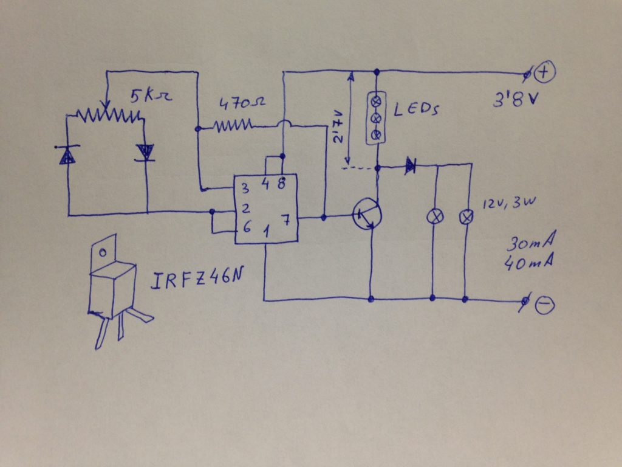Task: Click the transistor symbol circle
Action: (368, 215)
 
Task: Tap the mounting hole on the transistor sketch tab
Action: (103, 252)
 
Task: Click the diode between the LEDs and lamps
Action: (411, 164)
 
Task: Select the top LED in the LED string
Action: (376, 99)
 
